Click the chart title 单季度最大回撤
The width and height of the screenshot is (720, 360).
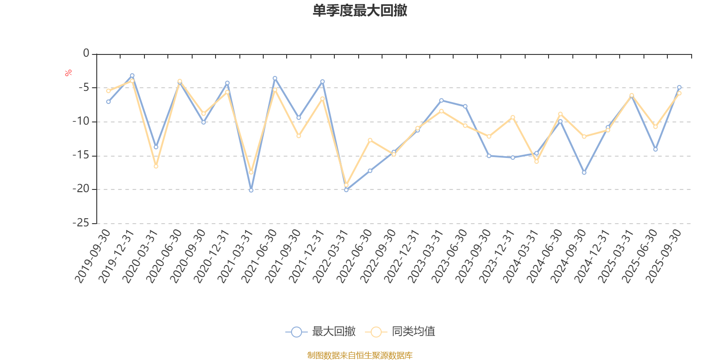point(360,11)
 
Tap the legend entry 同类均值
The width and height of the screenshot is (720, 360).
point(400,332)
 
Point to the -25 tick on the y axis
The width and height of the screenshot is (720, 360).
point(81,223)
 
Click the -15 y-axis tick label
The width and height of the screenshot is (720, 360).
point(81,156)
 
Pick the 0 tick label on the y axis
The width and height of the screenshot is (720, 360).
point(86,54)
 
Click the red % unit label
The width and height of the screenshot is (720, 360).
point(68,73)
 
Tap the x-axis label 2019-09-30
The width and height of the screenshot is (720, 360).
point(93,256)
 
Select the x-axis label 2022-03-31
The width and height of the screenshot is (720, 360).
point(331,256)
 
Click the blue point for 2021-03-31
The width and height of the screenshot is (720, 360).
point(251,190)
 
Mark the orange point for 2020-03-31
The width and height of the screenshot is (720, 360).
point(156,166)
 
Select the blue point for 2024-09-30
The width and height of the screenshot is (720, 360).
point(584,172)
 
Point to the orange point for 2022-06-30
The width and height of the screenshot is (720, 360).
point(370,140)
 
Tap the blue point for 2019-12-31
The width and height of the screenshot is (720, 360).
point(132,75)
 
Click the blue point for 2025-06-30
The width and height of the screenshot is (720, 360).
point(655,149)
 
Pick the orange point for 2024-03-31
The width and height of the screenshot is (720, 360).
point(536,162)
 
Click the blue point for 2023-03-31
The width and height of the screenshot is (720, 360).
point(441,100)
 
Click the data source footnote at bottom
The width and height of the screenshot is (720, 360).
point(360,355)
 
